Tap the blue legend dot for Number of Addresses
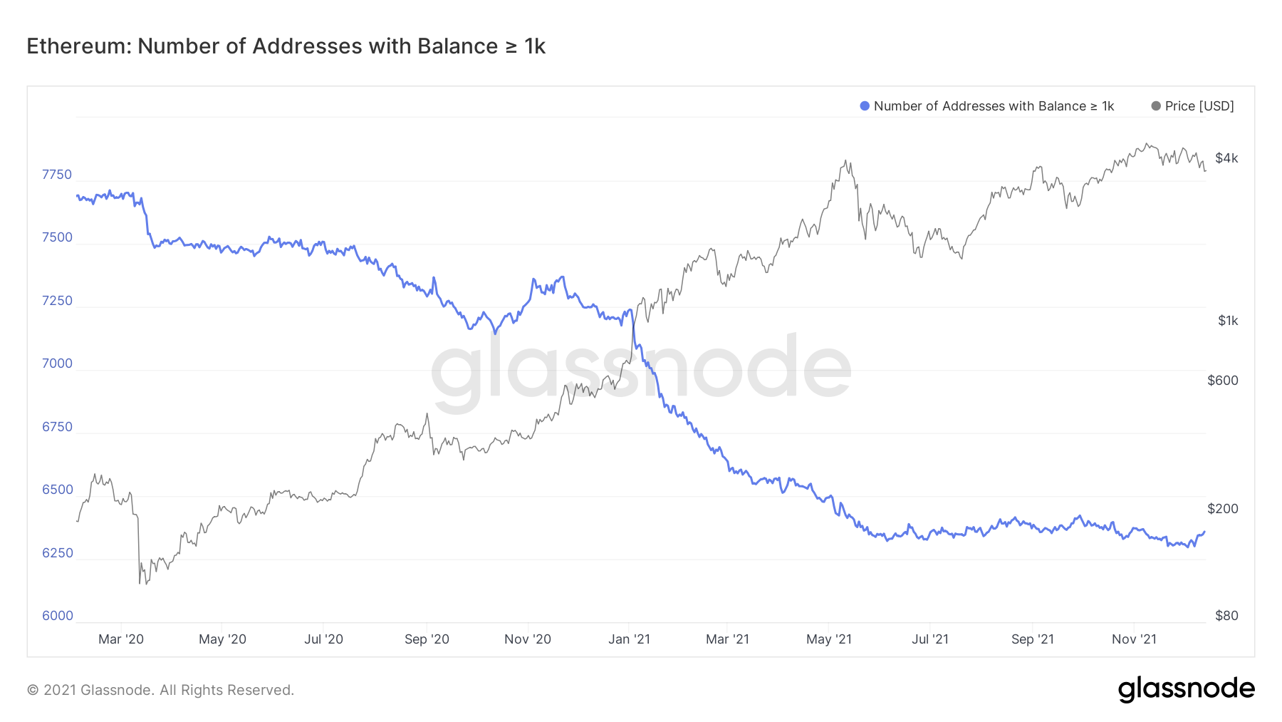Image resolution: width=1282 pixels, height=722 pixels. [x=865, y=106]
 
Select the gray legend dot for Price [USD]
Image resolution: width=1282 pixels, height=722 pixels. [x=1156, y=106]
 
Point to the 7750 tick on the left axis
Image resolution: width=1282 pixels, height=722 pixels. [x=57, y=175]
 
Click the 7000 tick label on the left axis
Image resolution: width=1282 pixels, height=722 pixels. [x=57, y=363]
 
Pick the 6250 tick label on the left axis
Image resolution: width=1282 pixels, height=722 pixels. [x=57, y=553]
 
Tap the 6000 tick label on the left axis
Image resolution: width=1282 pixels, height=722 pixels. [x=57, y=616]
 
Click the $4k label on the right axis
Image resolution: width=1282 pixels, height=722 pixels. [x=1226, y=158]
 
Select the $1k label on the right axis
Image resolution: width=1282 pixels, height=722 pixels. [x=1228, y=321]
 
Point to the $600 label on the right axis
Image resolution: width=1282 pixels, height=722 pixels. [x=1223, y=381]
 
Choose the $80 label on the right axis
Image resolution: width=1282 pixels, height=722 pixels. [x=1226, y=616]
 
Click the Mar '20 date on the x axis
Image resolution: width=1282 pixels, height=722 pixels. [x=121, y=639]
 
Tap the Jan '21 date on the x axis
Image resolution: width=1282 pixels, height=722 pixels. [x=629, y=639]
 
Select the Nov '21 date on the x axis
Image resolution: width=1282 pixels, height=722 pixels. [x=1134, y=639]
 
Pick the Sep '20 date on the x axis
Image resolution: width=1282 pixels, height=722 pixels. [x=427, y=639]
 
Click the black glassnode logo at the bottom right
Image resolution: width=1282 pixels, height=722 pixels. [x=1186, y=689]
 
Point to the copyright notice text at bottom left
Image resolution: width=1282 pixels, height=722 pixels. [x=160, y=690]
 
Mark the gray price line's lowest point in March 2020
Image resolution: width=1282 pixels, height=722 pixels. [x=140, y=584]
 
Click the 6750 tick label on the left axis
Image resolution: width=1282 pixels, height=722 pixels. [x=57, y=427]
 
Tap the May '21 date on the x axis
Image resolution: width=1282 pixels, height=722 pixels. [x=829, y=639]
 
